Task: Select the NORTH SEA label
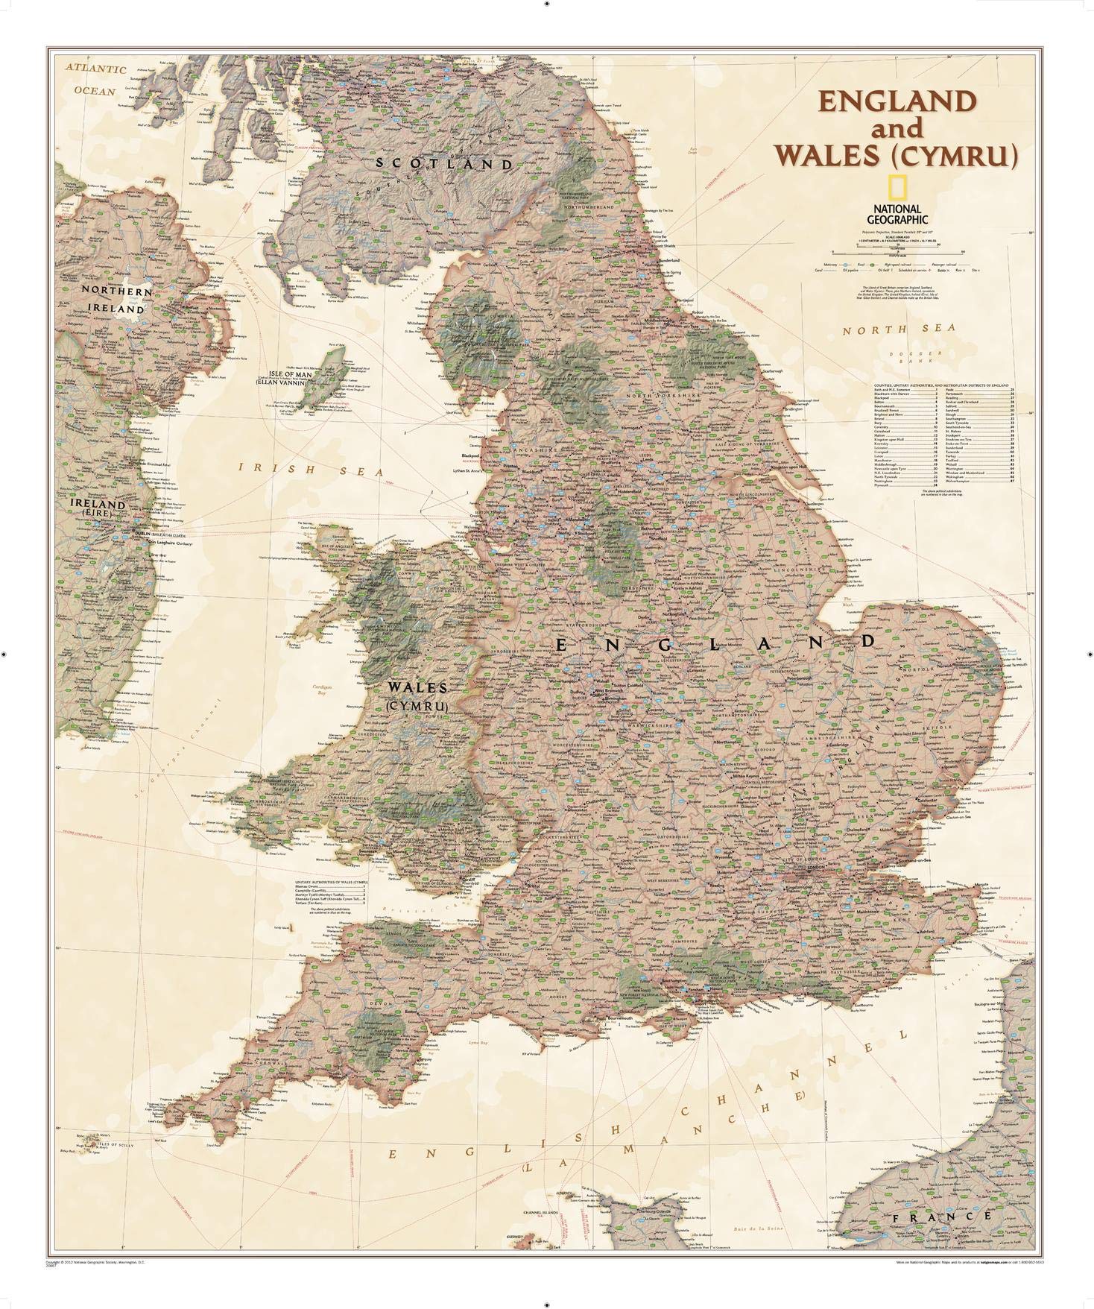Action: pos(888,328)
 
